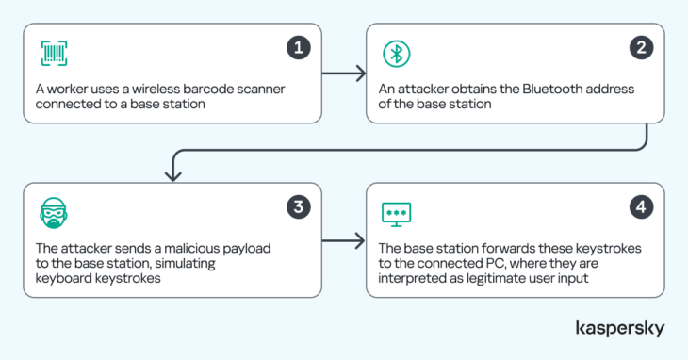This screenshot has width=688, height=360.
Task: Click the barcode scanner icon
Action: (x=54, y=54)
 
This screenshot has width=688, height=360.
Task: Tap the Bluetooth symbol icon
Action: (x=396, y=54)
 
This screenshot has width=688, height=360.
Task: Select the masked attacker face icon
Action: (x=54, y=213)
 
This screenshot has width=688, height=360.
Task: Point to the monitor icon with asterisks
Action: (x=396, y=215)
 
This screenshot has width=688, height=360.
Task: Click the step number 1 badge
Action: (x=299, y=47)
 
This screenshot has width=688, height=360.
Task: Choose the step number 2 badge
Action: (x=641, y=47)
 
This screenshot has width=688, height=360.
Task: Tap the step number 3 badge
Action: (x=299, y=206)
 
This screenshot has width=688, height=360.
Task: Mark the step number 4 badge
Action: (x=641, y=206)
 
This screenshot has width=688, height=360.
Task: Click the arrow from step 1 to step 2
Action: (x=344, y=74)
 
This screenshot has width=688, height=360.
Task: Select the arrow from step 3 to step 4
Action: (x=344, y=240)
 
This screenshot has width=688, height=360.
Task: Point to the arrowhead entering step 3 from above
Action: (x=173, y=176)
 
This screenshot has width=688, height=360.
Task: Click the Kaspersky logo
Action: (x=620, y=328)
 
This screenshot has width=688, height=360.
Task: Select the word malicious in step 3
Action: (x=191, y=248)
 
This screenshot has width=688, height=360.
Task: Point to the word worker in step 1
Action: (x=67, y=89)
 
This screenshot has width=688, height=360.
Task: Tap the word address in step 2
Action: (x=613, y=89)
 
